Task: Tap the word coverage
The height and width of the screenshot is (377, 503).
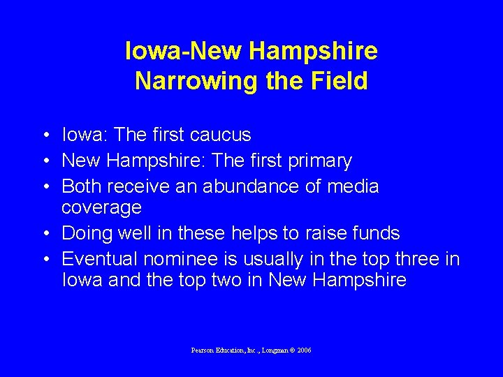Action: click(101, 207)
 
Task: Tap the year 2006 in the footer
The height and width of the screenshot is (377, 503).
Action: click(304, 350)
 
